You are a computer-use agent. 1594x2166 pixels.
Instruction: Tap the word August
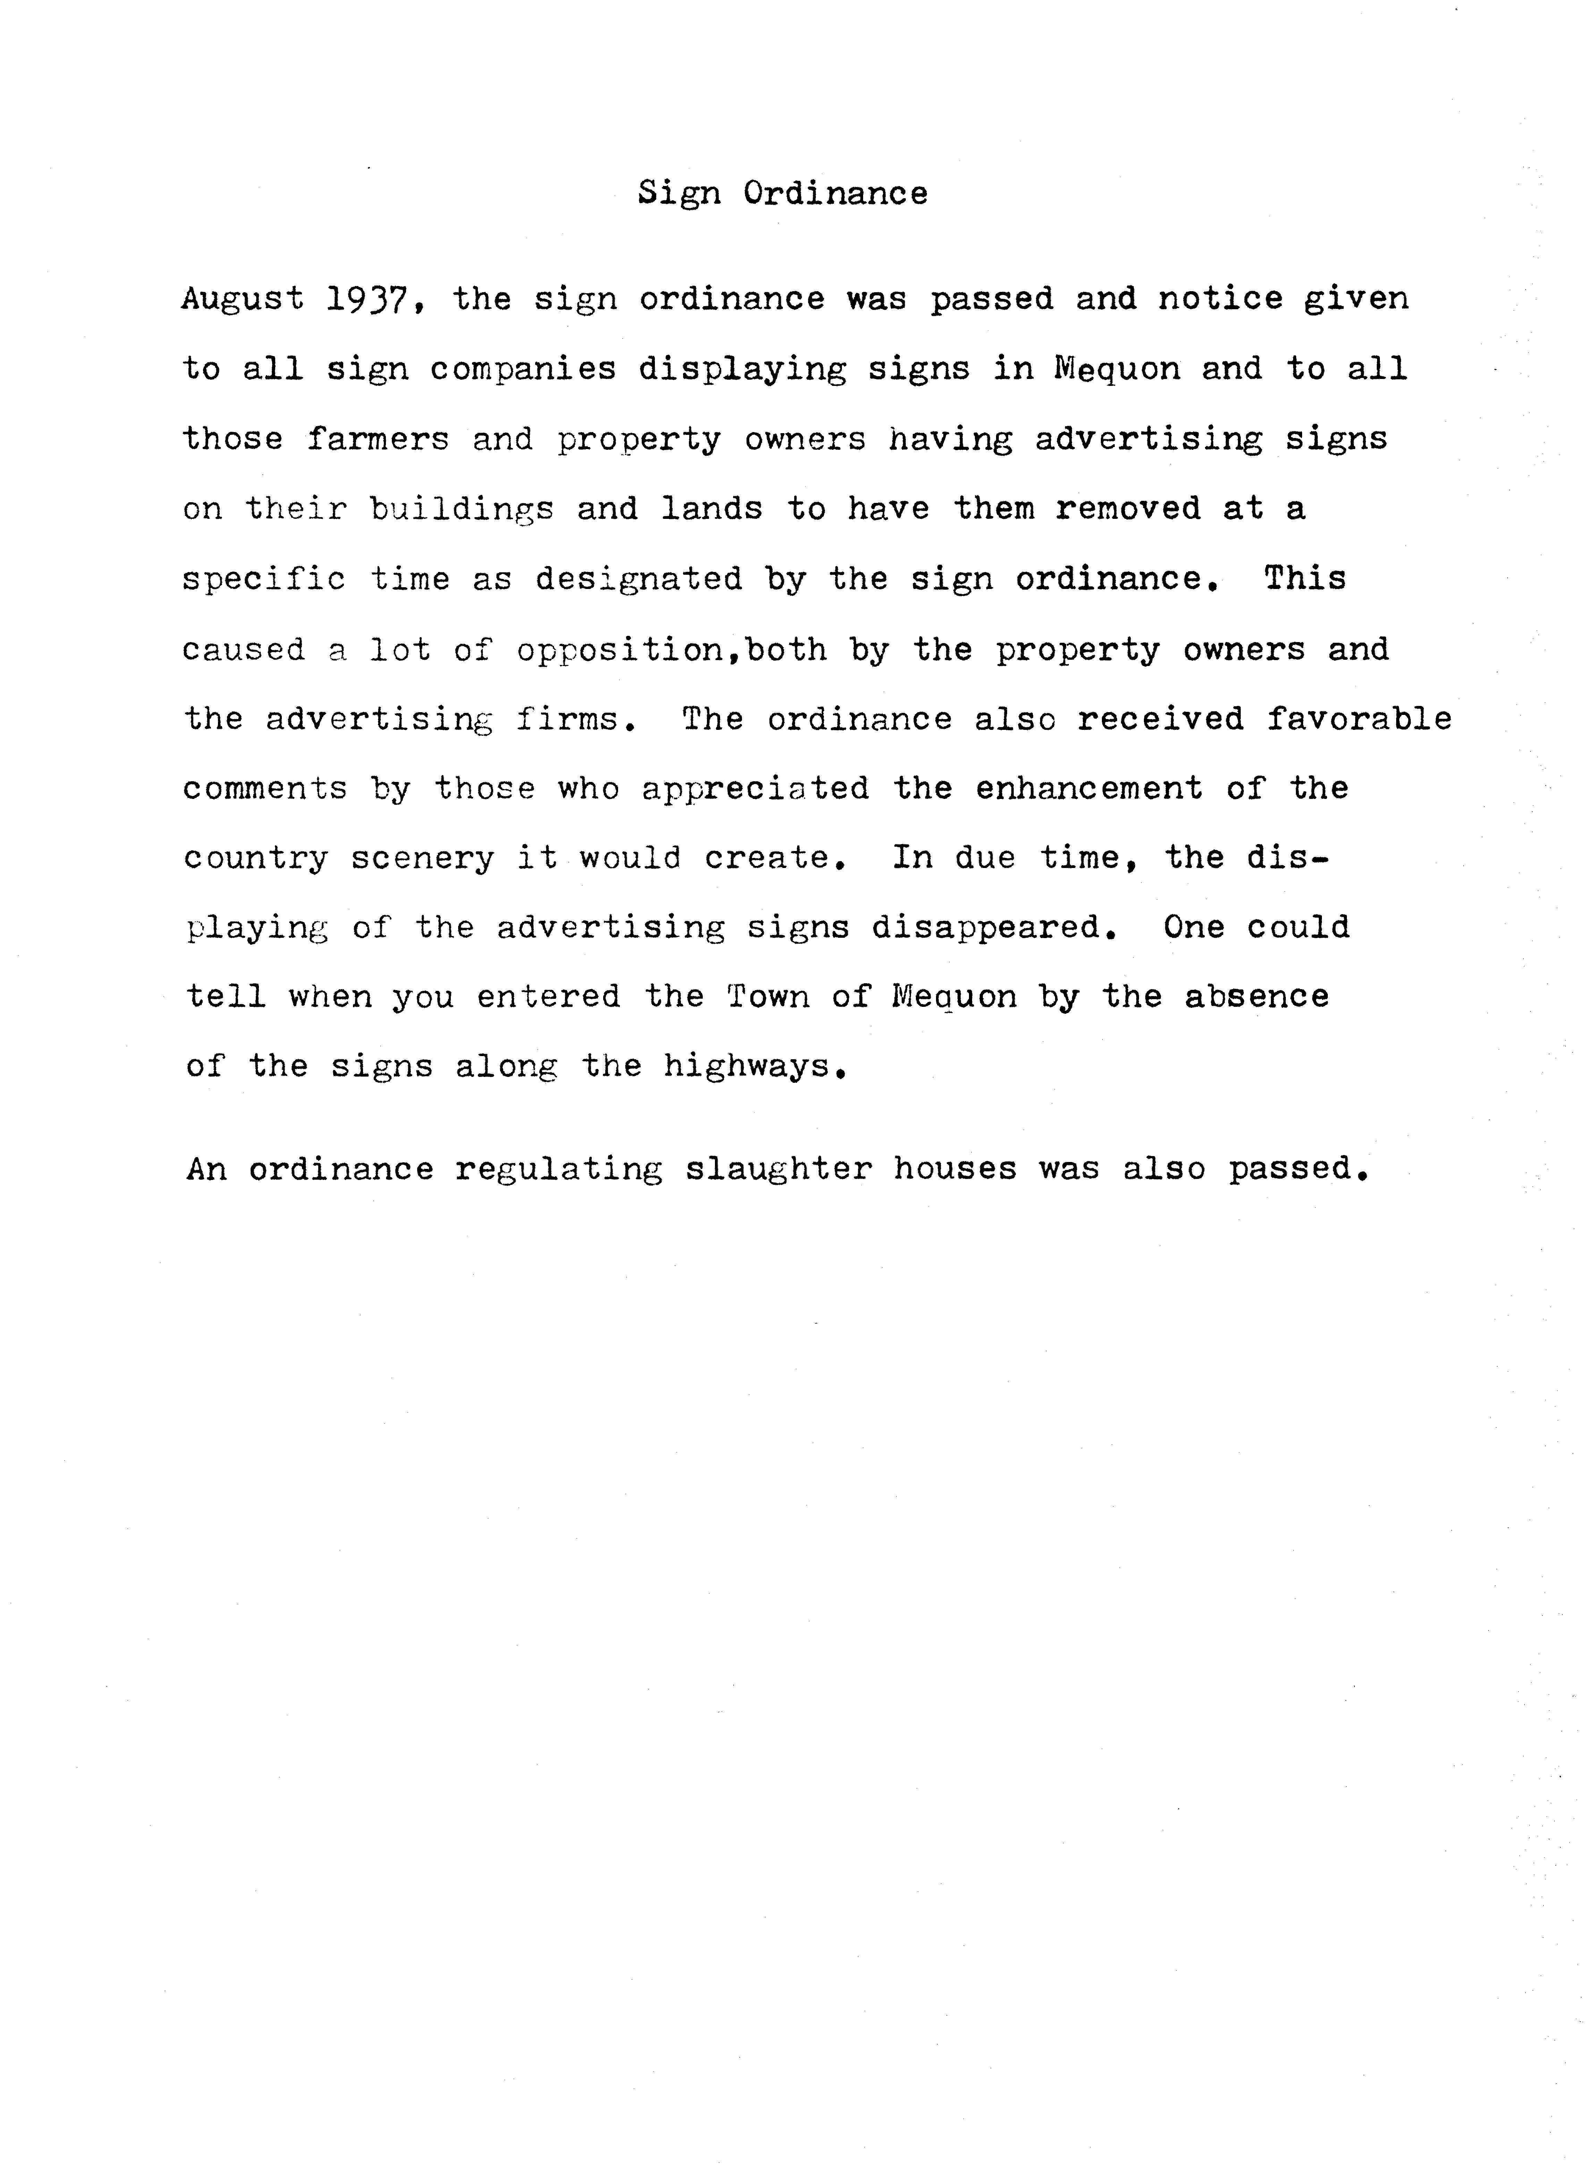242,299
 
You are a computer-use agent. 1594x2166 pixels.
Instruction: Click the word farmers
378,439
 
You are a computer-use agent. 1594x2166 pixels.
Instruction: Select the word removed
1127,508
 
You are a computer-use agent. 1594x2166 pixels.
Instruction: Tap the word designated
639,579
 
